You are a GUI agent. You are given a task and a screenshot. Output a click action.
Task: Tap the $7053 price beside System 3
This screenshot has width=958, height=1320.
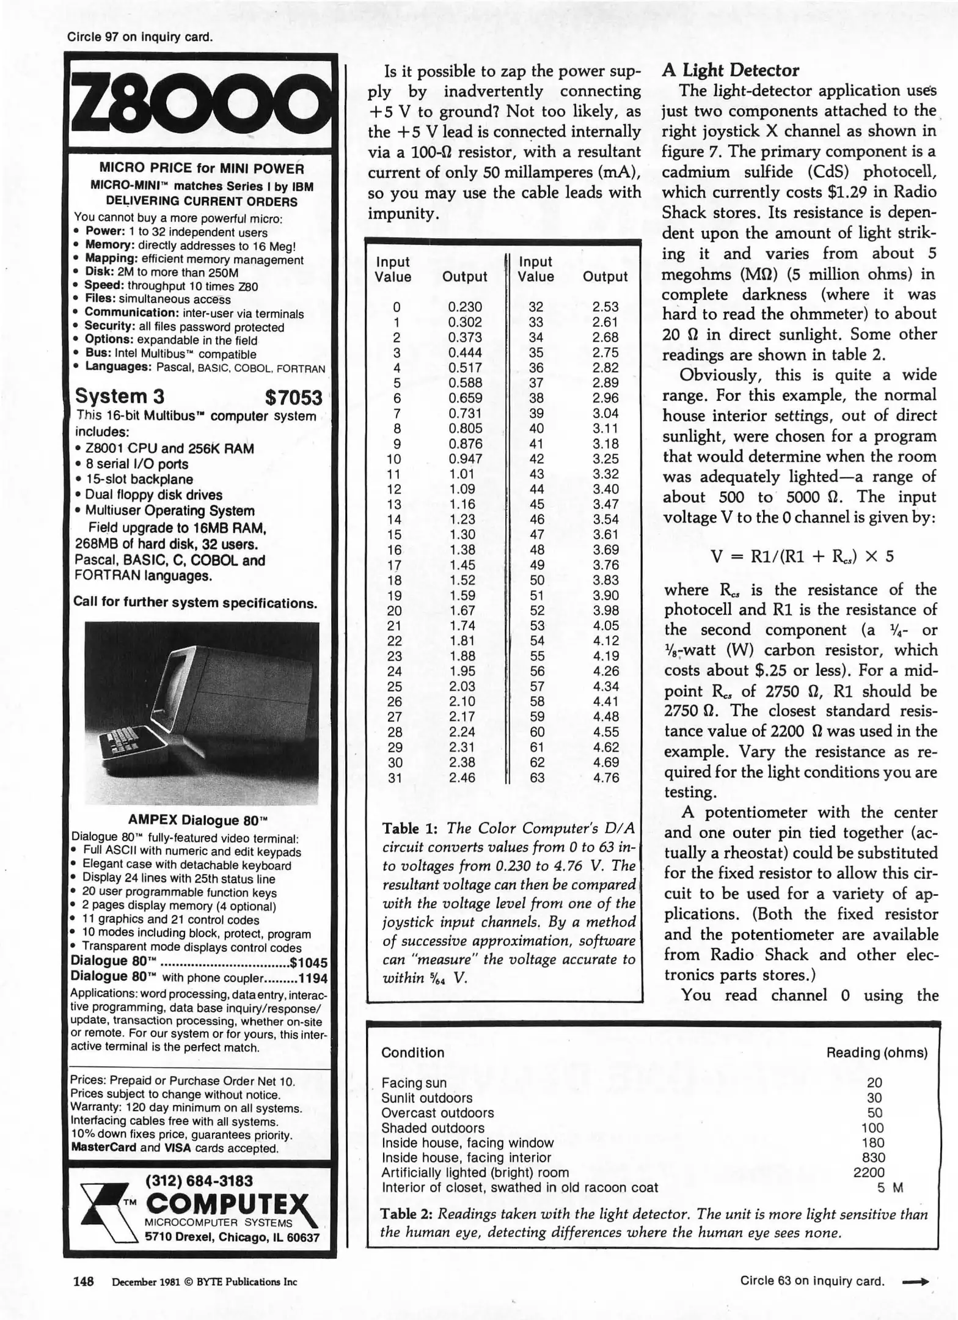pyautogui.click(x=293, y=397)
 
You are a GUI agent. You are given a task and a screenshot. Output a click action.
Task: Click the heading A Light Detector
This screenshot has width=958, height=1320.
pyautogui.click(x=730, y=70)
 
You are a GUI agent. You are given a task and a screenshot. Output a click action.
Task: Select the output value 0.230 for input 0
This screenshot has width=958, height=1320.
pyautogui.click(x=464, y=307)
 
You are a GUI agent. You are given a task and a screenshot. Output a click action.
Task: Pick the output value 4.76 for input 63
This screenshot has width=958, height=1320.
pyautogui.click(x=605, y=777)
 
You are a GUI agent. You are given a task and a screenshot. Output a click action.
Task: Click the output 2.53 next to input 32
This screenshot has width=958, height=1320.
pyautogui.click(x=605, y=307)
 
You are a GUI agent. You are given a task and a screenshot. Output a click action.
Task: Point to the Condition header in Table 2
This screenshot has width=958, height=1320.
pyautogui.click(x=412, y=1052)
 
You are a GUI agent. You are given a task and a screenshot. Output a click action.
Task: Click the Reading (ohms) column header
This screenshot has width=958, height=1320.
pyautogui.click(x=876, y=1052)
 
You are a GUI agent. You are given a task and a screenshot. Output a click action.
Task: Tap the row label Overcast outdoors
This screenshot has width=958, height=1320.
pyautogui.click(x=437, y=1113)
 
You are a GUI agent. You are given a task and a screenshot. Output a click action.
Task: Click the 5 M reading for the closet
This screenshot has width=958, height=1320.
pyautogui.click(x=890, y=1187)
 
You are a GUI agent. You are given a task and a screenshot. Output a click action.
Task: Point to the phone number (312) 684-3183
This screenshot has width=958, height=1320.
pyautogui.click(x=199, y=1181)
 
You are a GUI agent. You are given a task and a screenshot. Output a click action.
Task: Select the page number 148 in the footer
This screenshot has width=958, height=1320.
pyautogui.click(x=84, y=1281)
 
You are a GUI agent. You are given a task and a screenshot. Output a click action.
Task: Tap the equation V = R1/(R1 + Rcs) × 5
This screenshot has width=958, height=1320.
pyautogui.click(x=802, y=556)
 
